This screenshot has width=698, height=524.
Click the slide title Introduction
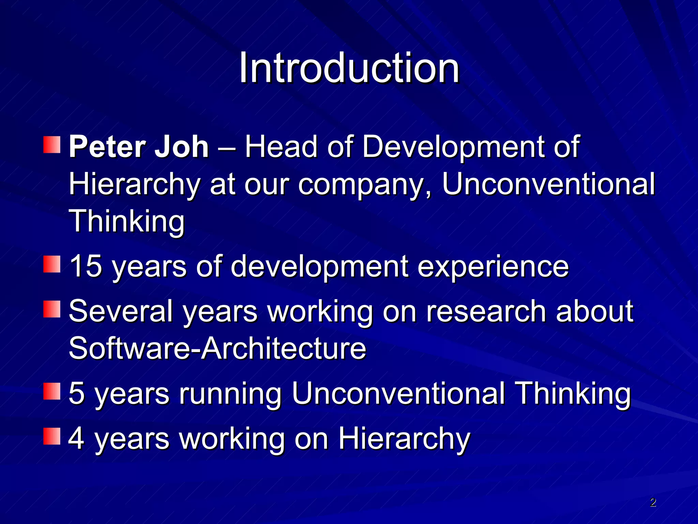(349, 68)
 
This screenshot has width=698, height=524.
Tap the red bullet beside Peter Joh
(52, 145)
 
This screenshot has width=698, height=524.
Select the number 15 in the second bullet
(86, 266)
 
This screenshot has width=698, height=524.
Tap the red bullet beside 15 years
(52, 264)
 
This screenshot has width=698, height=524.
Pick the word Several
(121, 311)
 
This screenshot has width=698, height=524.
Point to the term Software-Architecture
(217, 348)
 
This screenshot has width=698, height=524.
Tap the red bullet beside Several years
(52, 309)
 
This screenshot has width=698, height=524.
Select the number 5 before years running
(77, 393)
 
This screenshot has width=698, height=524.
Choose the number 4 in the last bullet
(77, 438)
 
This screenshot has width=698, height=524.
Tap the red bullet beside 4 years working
(52, 436)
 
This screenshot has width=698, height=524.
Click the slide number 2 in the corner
(653, 502)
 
